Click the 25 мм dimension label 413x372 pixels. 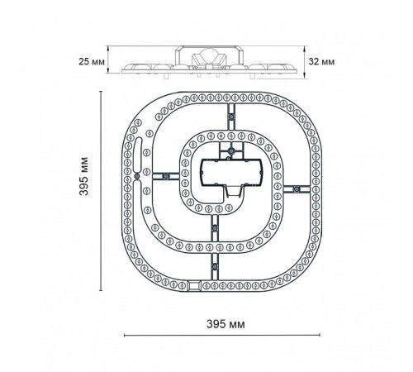[x=92, y=61]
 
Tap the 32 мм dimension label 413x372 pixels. [x=321, y=61]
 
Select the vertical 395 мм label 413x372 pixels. [x=83, y=176]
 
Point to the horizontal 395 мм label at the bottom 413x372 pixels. [x=225, y=324]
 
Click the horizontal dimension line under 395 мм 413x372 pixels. [x=222, y=335]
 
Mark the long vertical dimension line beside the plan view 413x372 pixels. [x=101, y=191]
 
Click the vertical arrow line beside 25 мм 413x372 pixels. [x=108, y=60]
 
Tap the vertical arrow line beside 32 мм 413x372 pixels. [x=305, y=62]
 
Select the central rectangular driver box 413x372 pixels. [x=231, y=172]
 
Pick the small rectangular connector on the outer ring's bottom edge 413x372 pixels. [x=194, y=285]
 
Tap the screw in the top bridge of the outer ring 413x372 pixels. [x=231, y=117]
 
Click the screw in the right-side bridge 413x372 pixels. [x=297, y=189]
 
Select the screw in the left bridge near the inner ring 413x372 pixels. [x=165, y=176]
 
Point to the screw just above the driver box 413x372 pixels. [x=231, y=150]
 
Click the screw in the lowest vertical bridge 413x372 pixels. [x=215, y=267]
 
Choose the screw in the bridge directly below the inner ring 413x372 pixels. [x=215, y=228]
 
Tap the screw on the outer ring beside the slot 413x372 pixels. [x=137, y=176]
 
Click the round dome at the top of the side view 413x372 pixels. [x=208, y=55]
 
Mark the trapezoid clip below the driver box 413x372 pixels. [x=234, y=191]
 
